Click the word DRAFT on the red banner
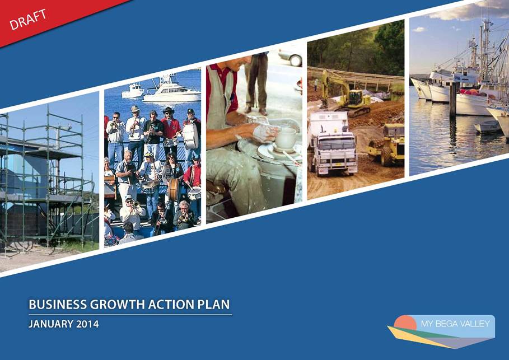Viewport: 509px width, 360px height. (x=27, y=20)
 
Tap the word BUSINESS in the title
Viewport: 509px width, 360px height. (x=58, y=305)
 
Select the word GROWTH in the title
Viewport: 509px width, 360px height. (x=117, y=305)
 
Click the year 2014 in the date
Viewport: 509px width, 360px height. (x=87, y=324)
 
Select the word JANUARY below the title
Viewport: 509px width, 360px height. (x=51, y=324)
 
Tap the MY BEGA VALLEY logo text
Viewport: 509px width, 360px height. (x=455, y=324)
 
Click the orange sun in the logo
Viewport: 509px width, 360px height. (x=405, y=322)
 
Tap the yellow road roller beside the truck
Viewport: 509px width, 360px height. (x=387, y=144)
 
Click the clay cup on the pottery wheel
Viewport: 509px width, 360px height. (x=286, y=138)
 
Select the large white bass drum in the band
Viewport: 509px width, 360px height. (x=190, y=137)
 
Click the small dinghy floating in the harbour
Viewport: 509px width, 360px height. (x=488, y=127)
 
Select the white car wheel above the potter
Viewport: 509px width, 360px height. (x=296, y=60)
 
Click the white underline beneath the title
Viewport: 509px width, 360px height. (x=130, y=315)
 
